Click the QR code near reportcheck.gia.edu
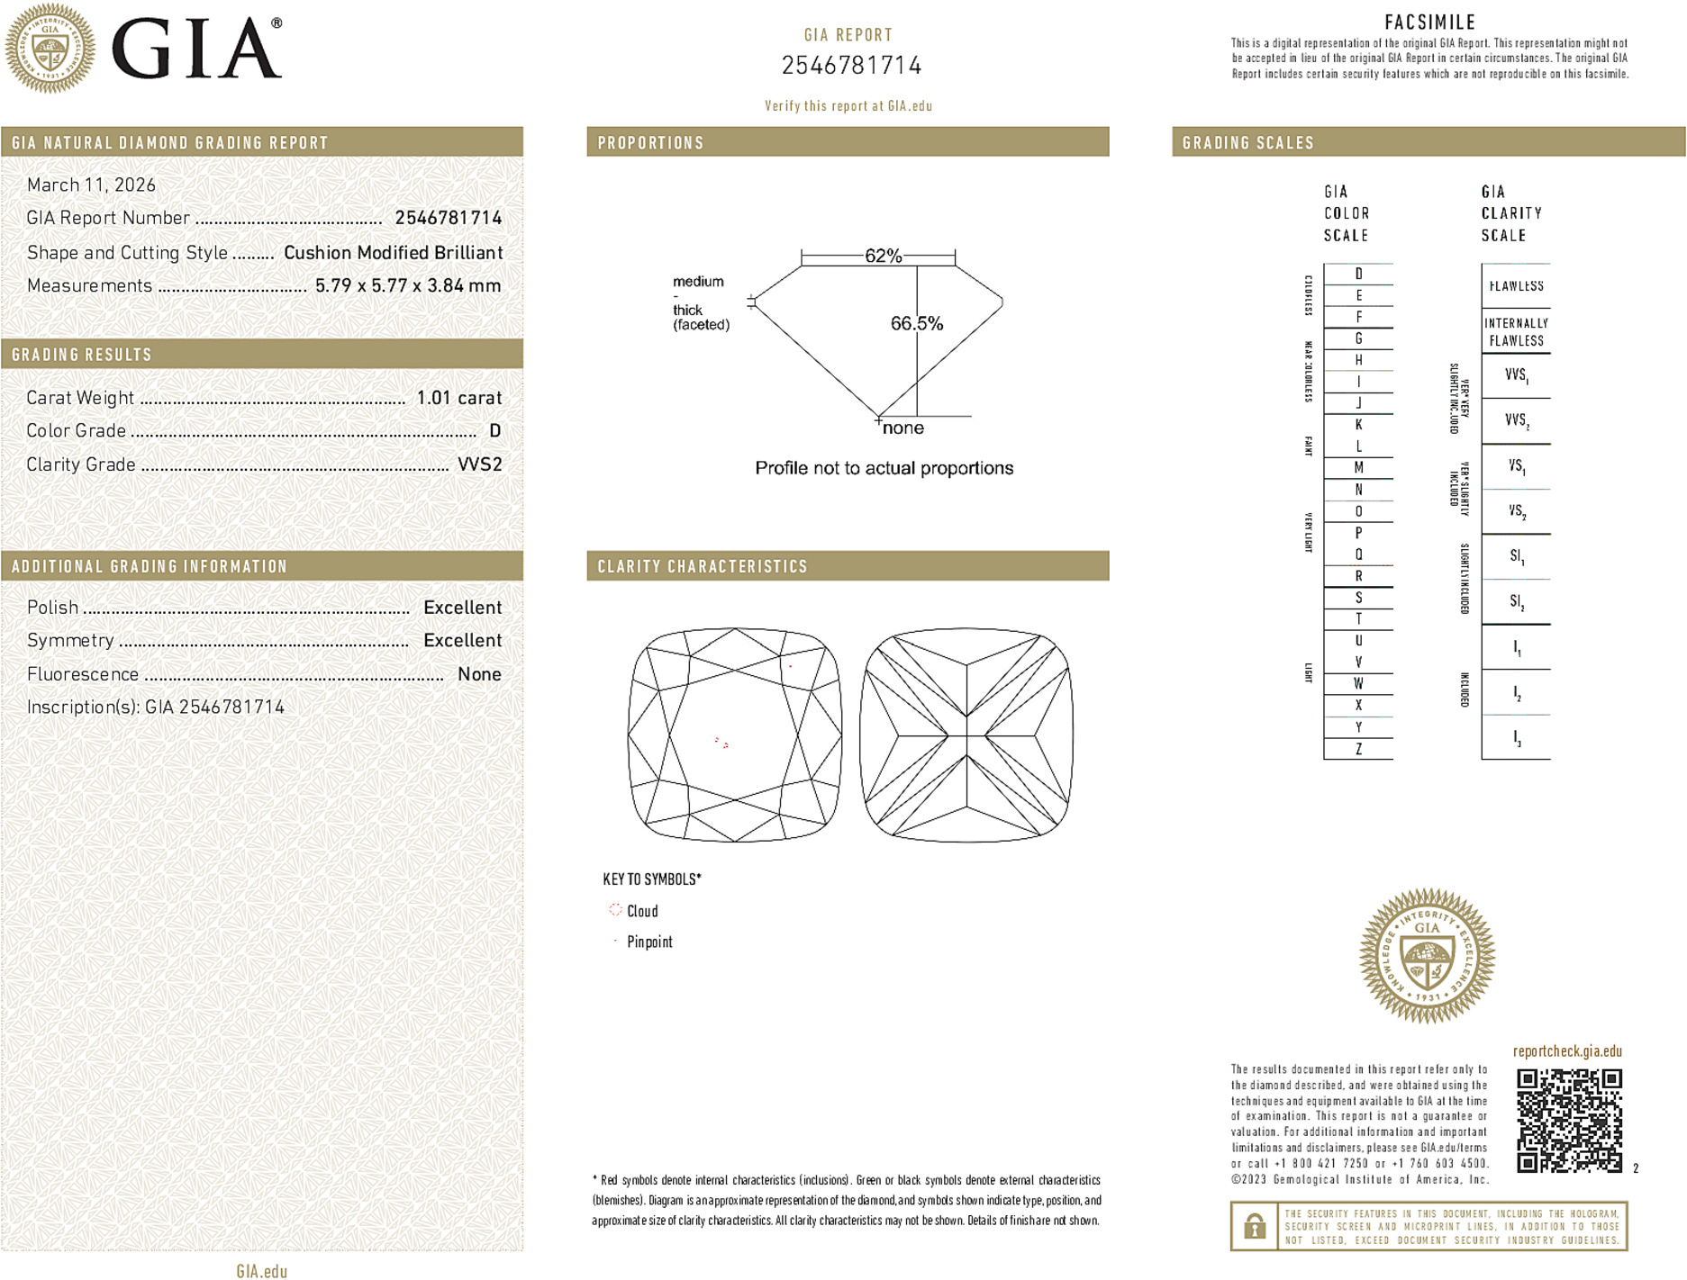[x=1569, y=1120]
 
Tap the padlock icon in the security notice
[x=1254, y=1226]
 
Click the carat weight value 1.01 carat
[x=458, y=398]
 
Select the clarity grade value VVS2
[x=479, y=464]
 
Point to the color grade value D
[x=494, y=431]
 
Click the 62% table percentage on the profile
[x=883, y=256]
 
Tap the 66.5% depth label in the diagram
[x=916, y=323]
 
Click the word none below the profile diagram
[x=902, y=428]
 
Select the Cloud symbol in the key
[x=616, y=910]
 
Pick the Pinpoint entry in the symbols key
[x=648, y=942]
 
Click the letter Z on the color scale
[x=1358, y=749]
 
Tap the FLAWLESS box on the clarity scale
[x=1516, y=286]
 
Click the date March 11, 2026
[x=91, y=185]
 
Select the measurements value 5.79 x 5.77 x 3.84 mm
[x=408, y=286]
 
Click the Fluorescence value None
[x=479, y=674]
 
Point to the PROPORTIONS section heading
[x=650, y=143]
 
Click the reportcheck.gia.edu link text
[x=1567, y=1051]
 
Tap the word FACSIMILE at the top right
[x=1429, y=23]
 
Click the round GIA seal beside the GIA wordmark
[x=50, y=48]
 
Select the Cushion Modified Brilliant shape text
[x=393, y=253]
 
